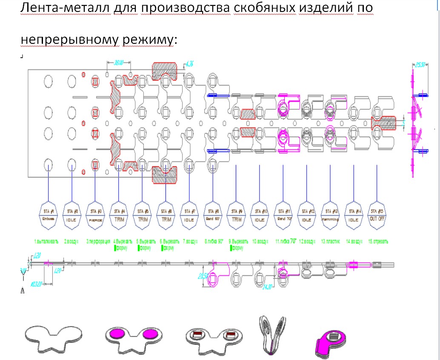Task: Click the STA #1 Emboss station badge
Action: pyautogui.click(x=49, y=214)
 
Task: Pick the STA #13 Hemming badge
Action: pyautogui.click(x=330, y=214)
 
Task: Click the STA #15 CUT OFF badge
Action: pyautogui.click(x=377, y=214)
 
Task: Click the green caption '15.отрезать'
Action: pyautogui.click(x=378, y=241)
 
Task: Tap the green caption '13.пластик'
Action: pyautogui.click(x=330, y=241)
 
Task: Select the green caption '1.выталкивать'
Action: pyautogui.click(x=47, y=241)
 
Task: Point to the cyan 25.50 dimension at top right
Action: pyautogui.click(x=420, y=65)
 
